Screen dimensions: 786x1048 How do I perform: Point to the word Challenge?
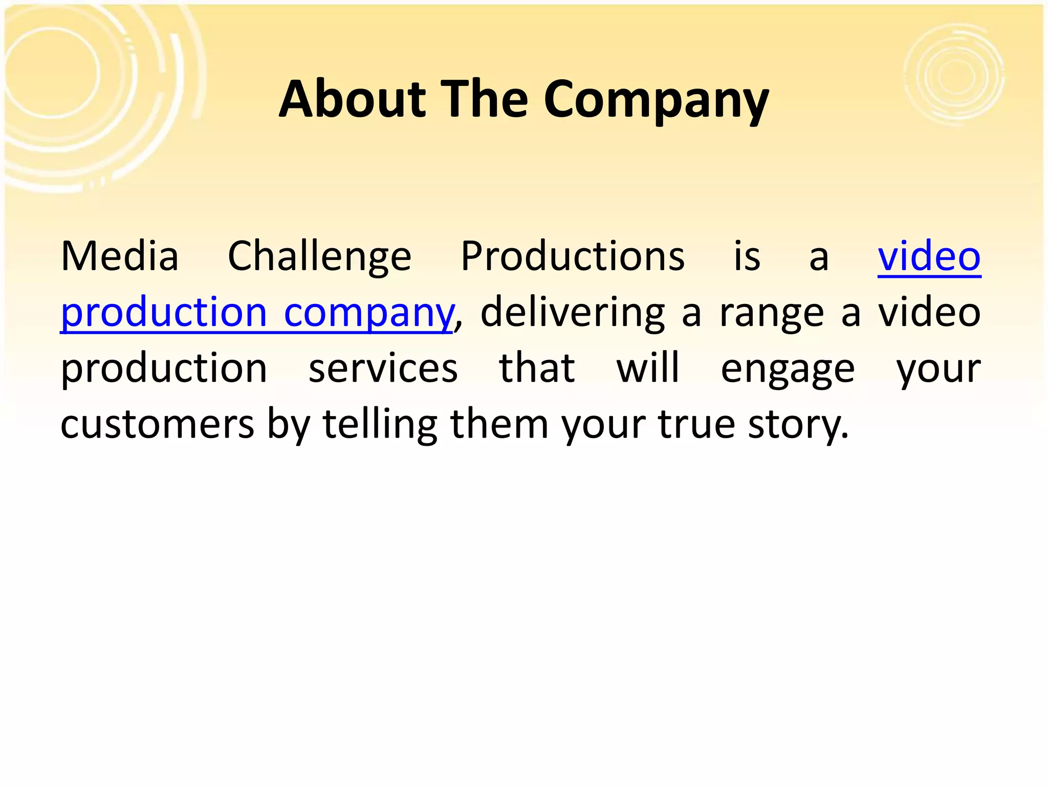pos(319,257)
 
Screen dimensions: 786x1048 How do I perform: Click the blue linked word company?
pos(368,313)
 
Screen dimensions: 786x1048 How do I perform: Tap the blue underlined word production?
pos(164,313)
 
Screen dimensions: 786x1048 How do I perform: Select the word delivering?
pos(573,313)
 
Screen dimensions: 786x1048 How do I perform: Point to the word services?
pos(383,368)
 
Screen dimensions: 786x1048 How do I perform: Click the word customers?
pos(157,425)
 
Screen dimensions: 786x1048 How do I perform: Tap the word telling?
pos(380,425)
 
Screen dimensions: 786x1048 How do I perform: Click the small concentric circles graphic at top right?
pos(955,75)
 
